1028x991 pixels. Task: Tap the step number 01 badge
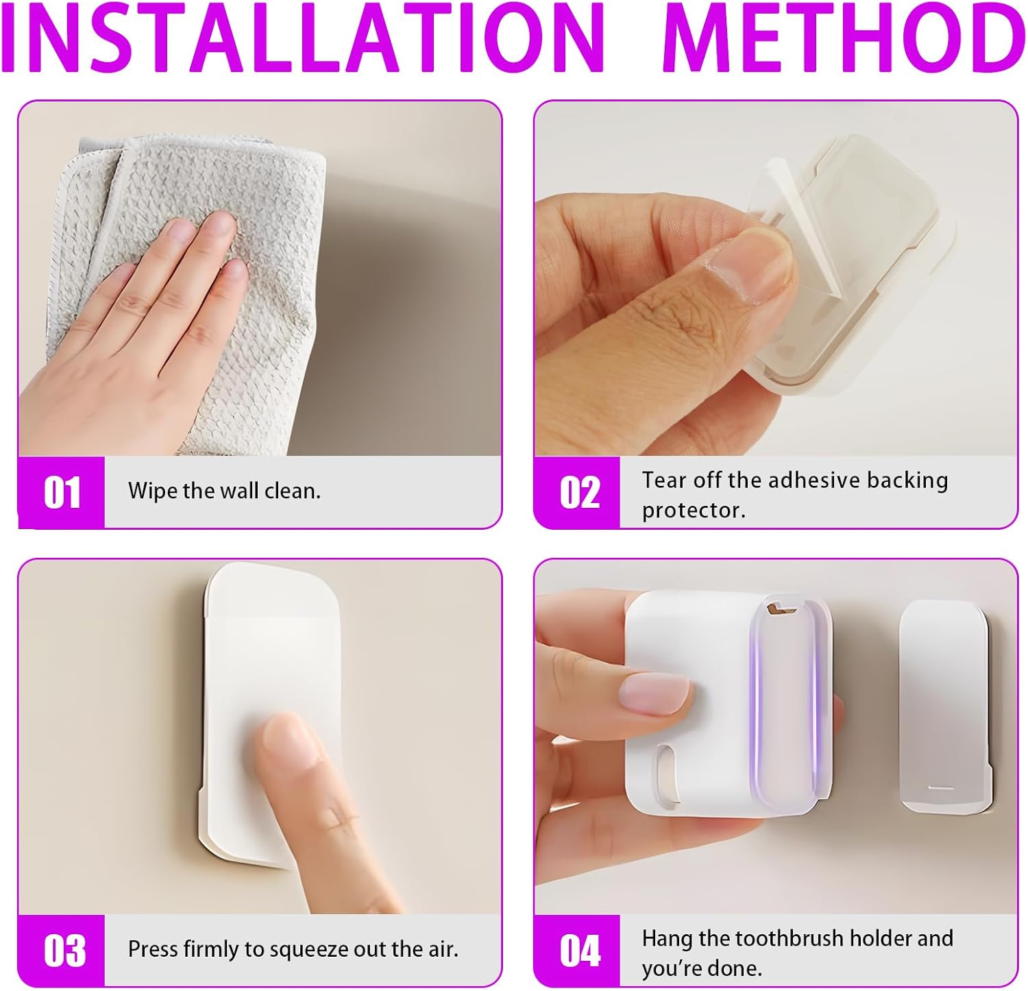pos(62,492)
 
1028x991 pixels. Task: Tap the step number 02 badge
pos(578,492)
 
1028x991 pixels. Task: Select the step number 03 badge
pos(62,951)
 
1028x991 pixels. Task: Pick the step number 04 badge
pos(578,951)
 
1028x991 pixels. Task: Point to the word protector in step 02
pos(694,511)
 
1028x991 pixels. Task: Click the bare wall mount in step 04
pos(944,706)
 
